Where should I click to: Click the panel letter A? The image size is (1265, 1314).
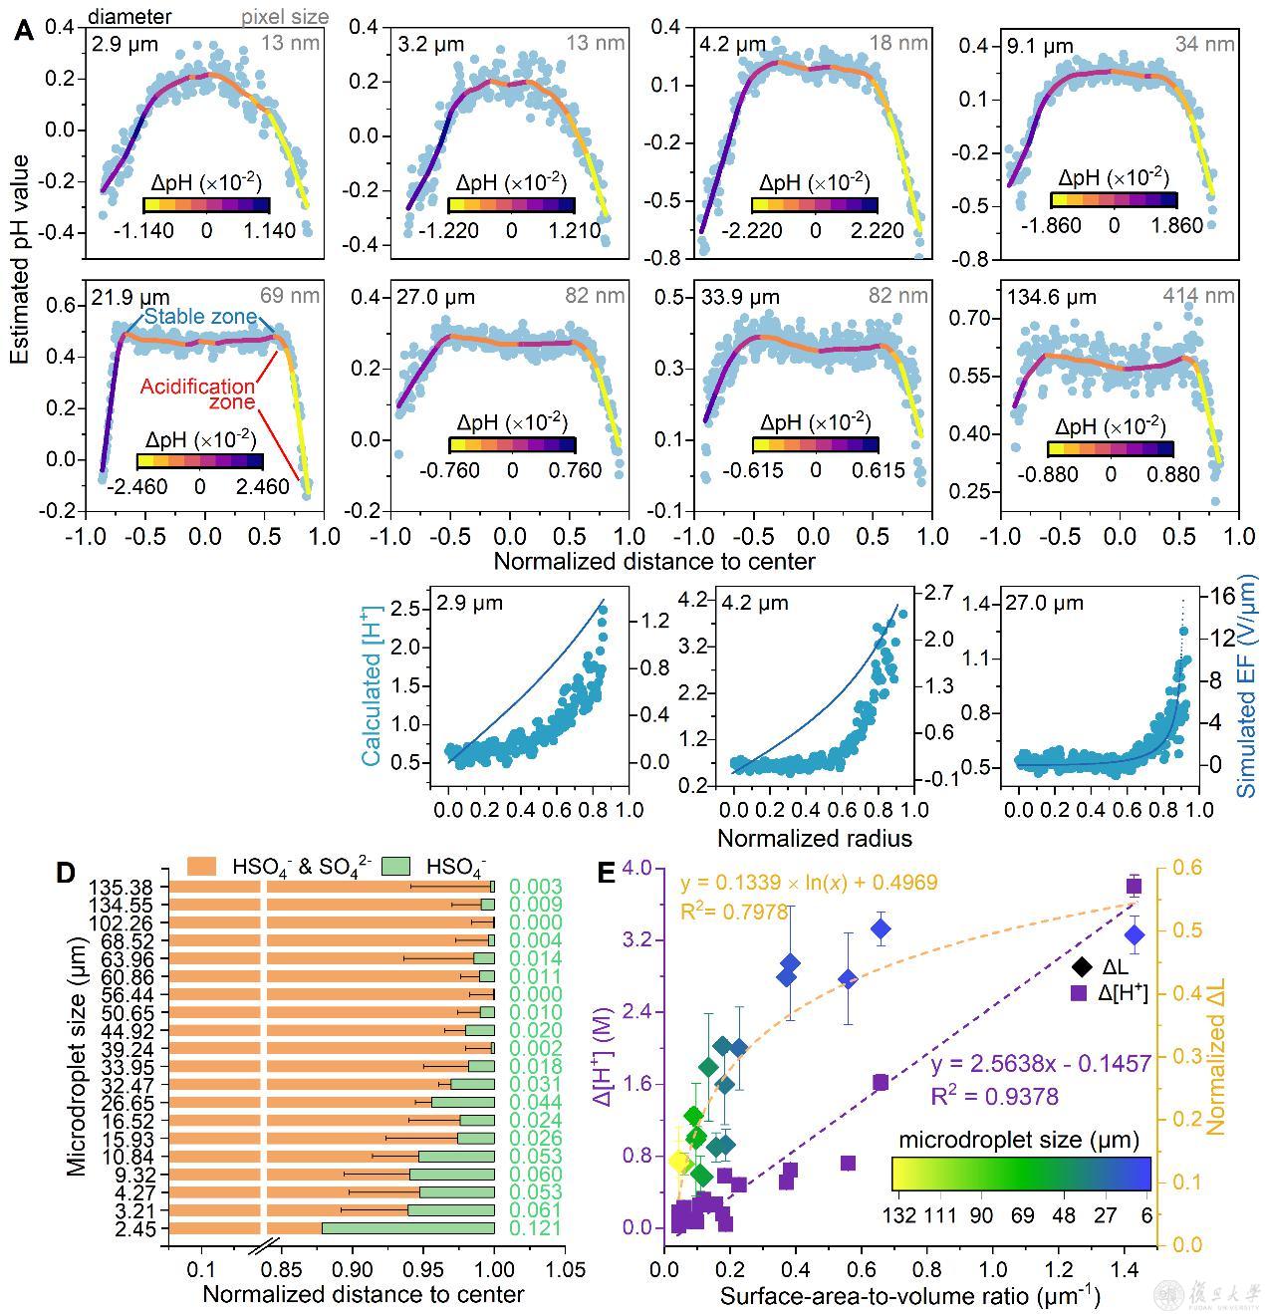(x=25, y=30)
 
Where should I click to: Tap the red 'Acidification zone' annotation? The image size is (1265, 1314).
(x=197, y=394)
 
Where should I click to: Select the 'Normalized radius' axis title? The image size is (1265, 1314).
(x=814, y=837)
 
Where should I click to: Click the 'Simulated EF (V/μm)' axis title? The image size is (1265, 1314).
(x=1247, y=691)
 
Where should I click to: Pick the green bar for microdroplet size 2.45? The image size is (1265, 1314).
(x=407, y=1227)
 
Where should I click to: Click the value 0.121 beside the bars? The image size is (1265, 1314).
(x=535, y=1227)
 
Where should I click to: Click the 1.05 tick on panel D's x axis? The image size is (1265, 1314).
(x=566, y=1270)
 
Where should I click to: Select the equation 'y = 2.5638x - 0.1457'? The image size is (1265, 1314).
(x=1041, y=1065)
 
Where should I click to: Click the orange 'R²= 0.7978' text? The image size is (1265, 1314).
(x=734, y=911)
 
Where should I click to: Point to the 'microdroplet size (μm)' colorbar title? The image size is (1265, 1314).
(x=1019, y=1139)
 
